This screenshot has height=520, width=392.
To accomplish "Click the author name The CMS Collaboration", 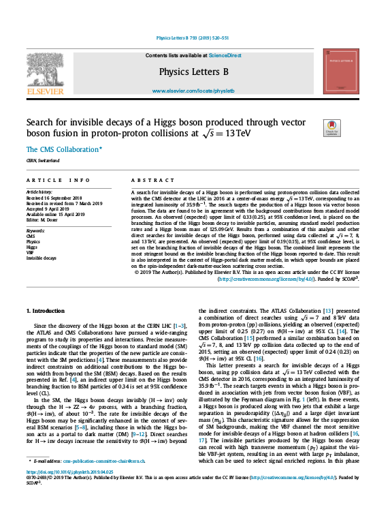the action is click(63, 149).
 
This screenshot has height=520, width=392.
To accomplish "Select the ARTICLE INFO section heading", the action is click(59, 180).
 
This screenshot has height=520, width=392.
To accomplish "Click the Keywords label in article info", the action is click(37, 230).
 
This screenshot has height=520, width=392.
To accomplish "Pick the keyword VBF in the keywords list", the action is click(31, 252).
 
